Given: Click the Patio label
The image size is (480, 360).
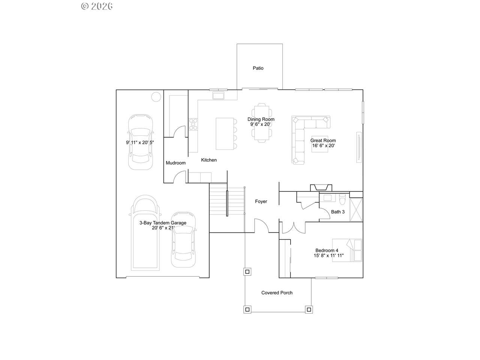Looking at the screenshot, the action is click(x=258, y=68).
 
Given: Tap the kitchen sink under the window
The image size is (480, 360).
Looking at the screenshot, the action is click(x=218, y=96).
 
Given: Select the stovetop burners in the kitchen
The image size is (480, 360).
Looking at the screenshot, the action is click(x=193, y=124).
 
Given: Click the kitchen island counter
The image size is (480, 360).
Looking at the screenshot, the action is click(x=225, y=134).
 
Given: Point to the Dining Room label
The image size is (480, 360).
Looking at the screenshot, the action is click(x=261, y=119).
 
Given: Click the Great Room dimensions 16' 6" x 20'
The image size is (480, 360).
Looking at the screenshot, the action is click(x=323, y=145).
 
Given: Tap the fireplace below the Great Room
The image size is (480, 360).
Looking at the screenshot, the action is click(x=321, y=188).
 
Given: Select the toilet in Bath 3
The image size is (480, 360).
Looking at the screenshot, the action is click(x=342, y=198).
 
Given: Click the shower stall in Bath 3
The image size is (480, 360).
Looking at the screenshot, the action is click(x=356, y=210).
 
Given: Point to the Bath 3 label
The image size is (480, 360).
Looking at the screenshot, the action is click(x=337, y=212).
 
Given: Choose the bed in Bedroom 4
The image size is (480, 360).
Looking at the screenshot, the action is click(x=347, y=250).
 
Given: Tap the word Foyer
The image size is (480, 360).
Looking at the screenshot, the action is click(x=261, y=201).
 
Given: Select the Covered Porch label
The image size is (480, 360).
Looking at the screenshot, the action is click(x=277, y=292).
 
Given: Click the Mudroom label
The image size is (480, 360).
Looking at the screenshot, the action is click(x=175, y=163).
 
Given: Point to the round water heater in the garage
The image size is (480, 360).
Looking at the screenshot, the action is click(x=156, y=97).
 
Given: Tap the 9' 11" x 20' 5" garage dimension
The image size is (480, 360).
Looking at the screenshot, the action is click(x=140, y=142).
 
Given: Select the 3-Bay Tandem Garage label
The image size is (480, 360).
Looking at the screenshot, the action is click(x=163, y=223).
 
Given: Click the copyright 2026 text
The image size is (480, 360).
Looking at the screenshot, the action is click(x=97, y=6).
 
